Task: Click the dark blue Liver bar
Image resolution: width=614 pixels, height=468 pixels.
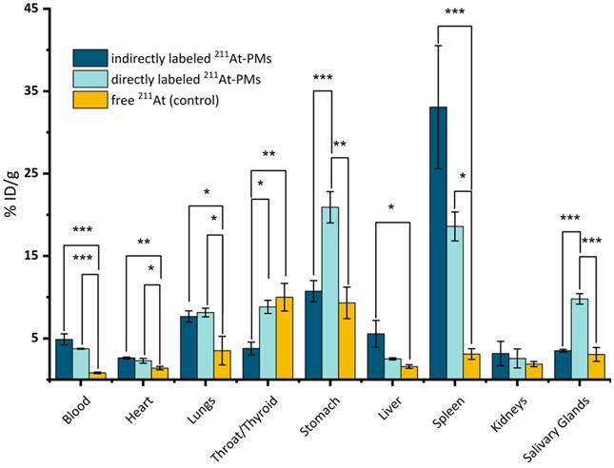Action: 376,356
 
